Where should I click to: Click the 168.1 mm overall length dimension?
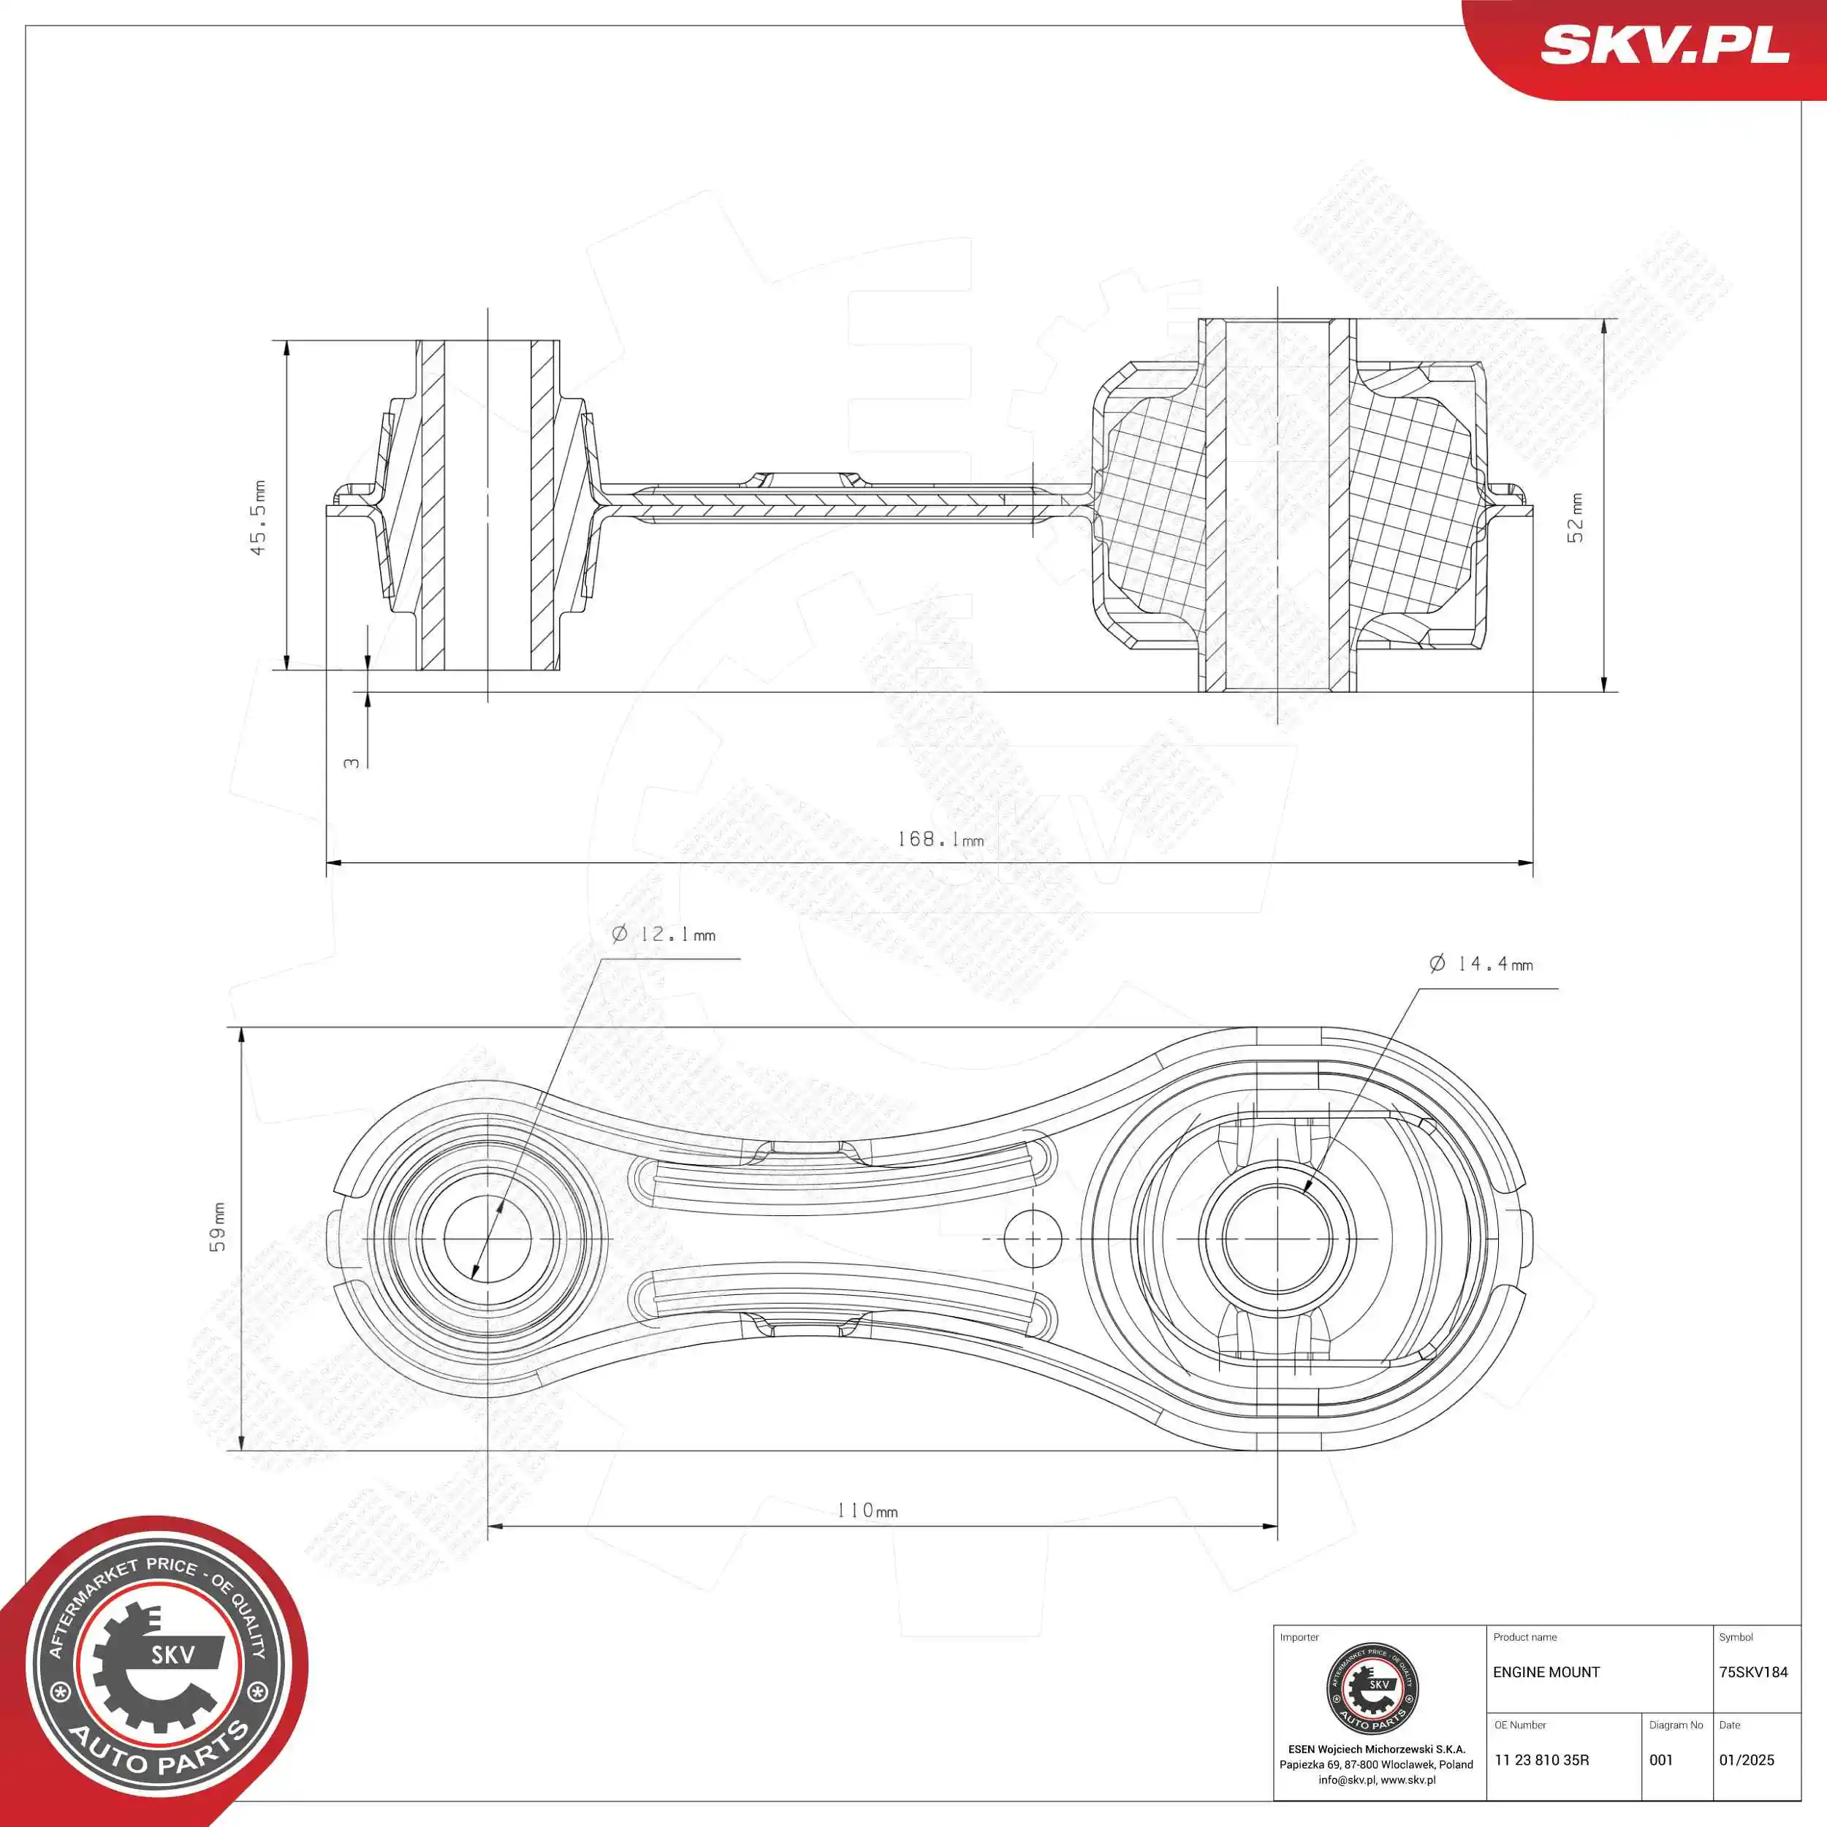pyautogui.click(x=939, y=840)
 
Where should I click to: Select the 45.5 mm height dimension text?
pyautogui.click(x=258, y=518)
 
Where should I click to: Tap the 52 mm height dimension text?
pyautogui.click(x=1576, y=518)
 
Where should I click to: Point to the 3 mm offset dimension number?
pyautogui.click(x=352, y=762)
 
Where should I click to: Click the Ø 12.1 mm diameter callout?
pyautogui.click(x=663, y=934)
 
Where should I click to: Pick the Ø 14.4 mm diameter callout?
pyautogui.click(x=1481, y=964)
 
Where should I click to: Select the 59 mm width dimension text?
pyautogui.click(x=219, y=1228)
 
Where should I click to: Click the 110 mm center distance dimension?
pyautogui.click(x=866, y=1511)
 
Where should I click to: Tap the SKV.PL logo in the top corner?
pyautogui.click(x=1663, y=45)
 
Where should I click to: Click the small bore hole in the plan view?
pyautogui.click(x=488, y=1238)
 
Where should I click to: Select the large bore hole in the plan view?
pyautogui.click(x=1277, y=1238)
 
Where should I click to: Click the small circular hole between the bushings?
pyautogui.click(x=1033, y=1238)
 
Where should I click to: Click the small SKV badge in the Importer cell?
pyautogui.click(x=1373, y=1689)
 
